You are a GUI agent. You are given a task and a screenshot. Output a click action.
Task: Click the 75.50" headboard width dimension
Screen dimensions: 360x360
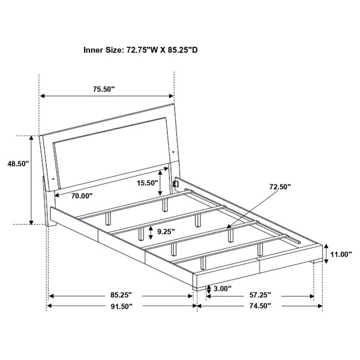104,89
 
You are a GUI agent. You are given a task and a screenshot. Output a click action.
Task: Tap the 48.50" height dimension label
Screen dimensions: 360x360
18,164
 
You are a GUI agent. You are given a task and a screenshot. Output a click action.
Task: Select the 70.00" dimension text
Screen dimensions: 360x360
82,196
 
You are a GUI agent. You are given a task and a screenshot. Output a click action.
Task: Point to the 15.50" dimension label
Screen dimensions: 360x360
148,183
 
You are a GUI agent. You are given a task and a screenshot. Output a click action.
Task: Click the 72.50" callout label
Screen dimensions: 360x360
280,187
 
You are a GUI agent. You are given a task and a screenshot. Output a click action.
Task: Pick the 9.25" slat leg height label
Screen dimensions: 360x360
166,232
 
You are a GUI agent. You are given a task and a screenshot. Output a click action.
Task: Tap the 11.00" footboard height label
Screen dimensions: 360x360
341,254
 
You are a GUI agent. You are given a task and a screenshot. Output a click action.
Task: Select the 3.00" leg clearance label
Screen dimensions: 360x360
223,289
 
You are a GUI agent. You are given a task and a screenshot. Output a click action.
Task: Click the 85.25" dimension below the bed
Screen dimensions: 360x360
121,295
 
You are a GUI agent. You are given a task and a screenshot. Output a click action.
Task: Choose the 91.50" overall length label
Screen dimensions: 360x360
122,306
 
